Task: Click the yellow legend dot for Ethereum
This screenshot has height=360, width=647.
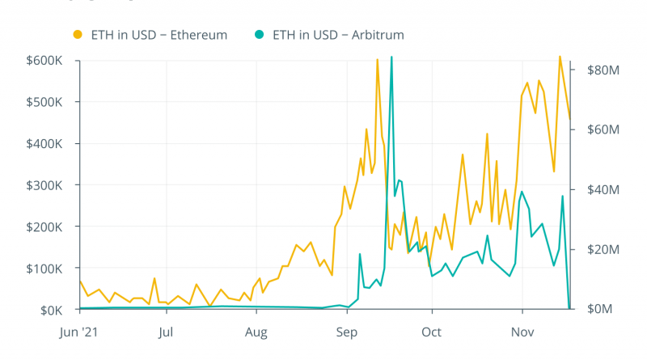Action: [x=78, y=35]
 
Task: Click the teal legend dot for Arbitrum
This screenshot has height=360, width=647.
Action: [x=259, y=35]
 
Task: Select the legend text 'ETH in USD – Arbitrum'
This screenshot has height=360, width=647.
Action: [x=338, y=35]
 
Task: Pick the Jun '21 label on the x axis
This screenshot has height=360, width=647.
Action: [x=80, y=331]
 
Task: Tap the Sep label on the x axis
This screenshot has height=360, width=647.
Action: [x=346, y=331]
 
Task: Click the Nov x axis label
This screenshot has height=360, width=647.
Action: [x=522, y=331]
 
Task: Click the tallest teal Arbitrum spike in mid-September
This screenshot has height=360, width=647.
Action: [x=391, y=57]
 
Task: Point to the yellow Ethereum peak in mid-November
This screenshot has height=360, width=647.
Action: [x=560, y=57]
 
